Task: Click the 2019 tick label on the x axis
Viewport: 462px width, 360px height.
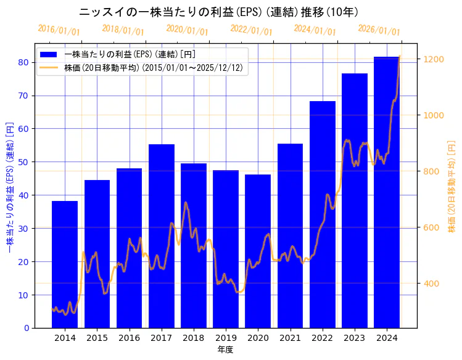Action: pos(226,338)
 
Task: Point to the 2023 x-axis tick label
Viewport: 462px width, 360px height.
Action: pos(355,338)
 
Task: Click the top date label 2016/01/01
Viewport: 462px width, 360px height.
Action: pos(59,30)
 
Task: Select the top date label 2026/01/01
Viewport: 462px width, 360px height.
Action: pos(379,30)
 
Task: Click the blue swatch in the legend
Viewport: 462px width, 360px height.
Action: pos(49,54)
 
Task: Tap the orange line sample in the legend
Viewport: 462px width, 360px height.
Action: pos(49,67)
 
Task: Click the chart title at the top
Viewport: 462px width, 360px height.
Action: pos(219,12)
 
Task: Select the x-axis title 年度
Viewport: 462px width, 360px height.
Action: pos(225,350)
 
